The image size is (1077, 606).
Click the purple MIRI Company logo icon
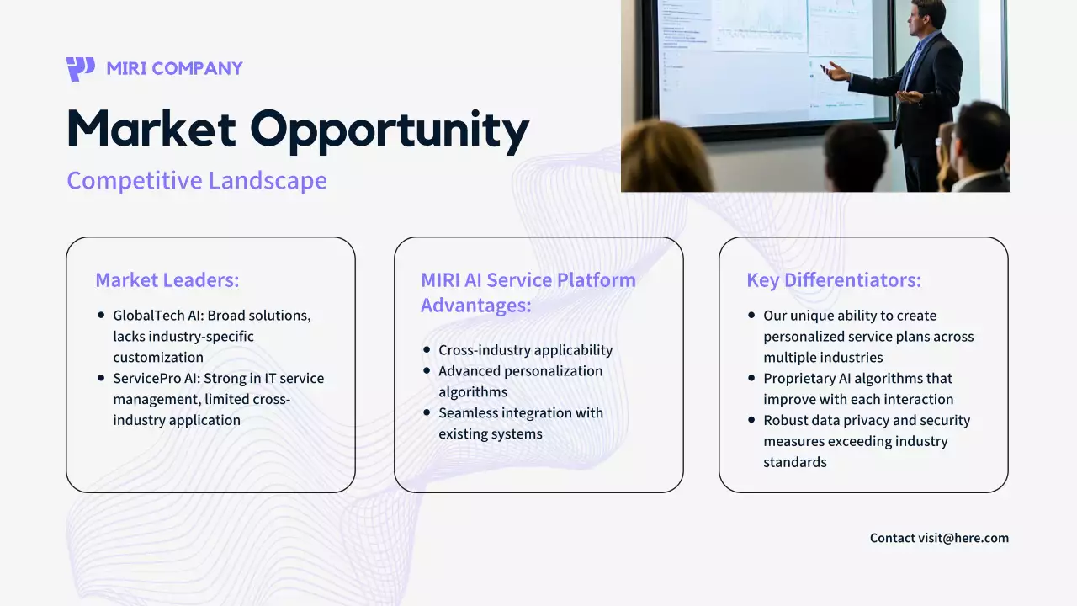click(80, 68)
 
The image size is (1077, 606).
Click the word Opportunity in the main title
click(390, 130)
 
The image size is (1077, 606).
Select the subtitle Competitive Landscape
click(197, 180)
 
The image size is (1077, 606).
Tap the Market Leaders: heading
click(167, 280)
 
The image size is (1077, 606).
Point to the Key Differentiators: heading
click(834, 280)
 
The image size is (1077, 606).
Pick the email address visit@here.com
click(963, 538)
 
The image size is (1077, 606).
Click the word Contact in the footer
click(893, 538)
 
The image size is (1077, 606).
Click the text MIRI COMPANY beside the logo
click(174, 68)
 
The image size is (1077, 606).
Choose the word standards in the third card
click(795, 462)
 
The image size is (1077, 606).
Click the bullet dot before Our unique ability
click(751, 316)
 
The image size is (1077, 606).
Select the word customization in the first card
click(158, 358)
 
